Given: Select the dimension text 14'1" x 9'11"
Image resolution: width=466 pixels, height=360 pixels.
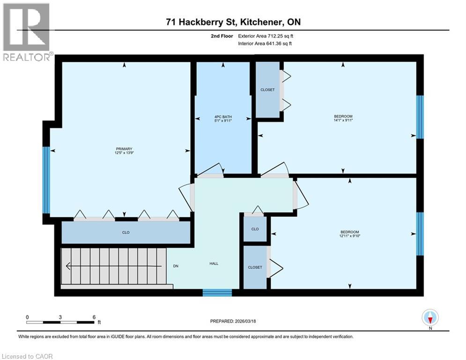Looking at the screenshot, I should [343, 120].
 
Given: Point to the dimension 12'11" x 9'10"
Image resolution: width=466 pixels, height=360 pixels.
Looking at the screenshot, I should [349, 236].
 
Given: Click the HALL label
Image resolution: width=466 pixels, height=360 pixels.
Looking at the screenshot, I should [214, 263].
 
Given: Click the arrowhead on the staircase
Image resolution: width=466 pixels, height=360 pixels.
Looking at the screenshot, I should [68, 266].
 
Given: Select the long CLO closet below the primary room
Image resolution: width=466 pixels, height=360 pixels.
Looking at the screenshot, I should [126, 232].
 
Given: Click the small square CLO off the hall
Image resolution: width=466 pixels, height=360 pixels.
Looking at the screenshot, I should [255, 229].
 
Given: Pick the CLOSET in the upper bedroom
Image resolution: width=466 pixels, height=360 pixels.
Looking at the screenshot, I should [267, 90].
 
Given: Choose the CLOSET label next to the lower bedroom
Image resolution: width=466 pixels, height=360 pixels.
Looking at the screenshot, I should [255, 267].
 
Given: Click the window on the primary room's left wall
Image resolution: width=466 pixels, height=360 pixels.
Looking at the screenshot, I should [46, 180].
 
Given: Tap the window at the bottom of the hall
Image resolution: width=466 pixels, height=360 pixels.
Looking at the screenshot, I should [217, 292].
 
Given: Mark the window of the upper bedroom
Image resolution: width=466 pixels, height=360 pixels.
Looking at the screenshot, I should [420, 117].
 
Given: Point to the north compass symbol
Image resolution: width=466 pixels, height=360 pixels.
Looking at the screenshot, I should [429, 318].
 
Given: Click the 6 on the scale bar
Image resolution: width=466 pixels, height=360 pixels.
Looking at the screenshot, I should [94, 317].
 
